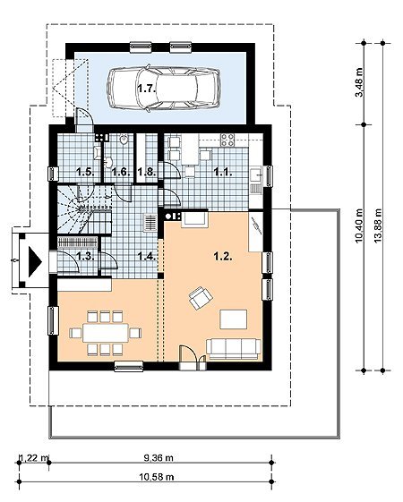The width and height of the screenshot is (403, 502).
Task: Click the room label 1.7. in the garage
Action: pos(147,88)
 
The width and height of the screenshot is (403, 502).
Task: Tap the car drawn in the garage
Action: pos(163,88)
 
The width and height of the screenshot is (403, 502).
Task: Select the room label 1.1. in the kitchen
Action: pos(223,172)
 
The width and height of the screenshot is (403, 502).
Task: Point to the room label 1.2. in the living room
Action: pos(223,256)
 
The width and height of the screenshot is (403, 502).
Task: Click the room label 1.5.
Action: pos(86,172)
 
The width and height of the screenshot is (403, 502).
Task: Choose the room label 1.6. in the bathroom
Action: pos(121,172)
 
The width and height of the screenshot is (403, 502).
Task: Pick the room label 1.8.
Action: pos(146,172)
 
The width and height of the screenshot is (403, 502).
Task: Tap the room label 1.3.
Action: pos(86,257)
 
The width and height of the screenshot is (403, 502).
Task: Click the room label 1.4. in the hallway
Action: pos(146,256)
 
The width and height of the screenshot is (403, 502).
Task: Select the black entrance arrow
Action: pos(35,261)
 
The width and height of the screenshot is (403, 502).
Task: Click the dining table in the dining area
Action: pos(106,333)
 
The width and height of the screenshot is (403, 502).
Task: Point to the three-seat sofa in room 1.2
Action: pos(233,349)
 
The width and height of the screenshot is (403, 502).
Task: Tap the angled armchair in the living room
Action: pos(201,298)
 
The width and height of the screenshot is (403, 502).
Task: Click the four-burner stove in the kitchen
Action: pos(227,140)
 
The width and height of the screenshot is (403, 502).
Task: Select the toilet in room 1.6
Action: pos(124,140)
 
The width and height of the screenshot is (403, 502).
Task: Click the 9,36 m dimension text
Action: pos(159,458)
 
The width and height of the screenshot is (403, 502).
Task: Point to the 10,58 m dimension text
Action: pos(157,477)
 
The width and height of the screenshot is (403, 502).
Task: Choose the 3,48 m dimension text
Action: pos(360,82)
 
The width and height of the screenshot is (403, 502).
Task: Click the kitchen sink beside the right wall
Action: pos(256,176)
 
